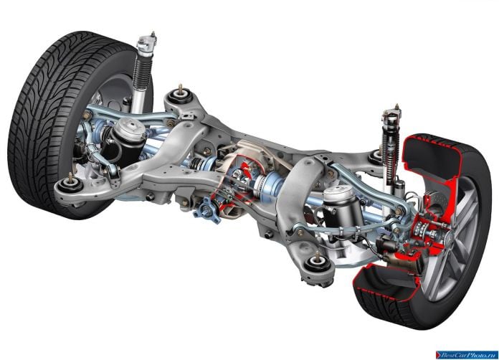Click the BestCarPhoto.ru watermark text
pyautogui.click(x=467, y=354)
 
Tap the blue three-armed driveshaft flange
pyautogui.click(x=207, y=210)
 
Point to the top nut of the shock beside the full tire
pyautogui.click(x=153, y=34)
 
